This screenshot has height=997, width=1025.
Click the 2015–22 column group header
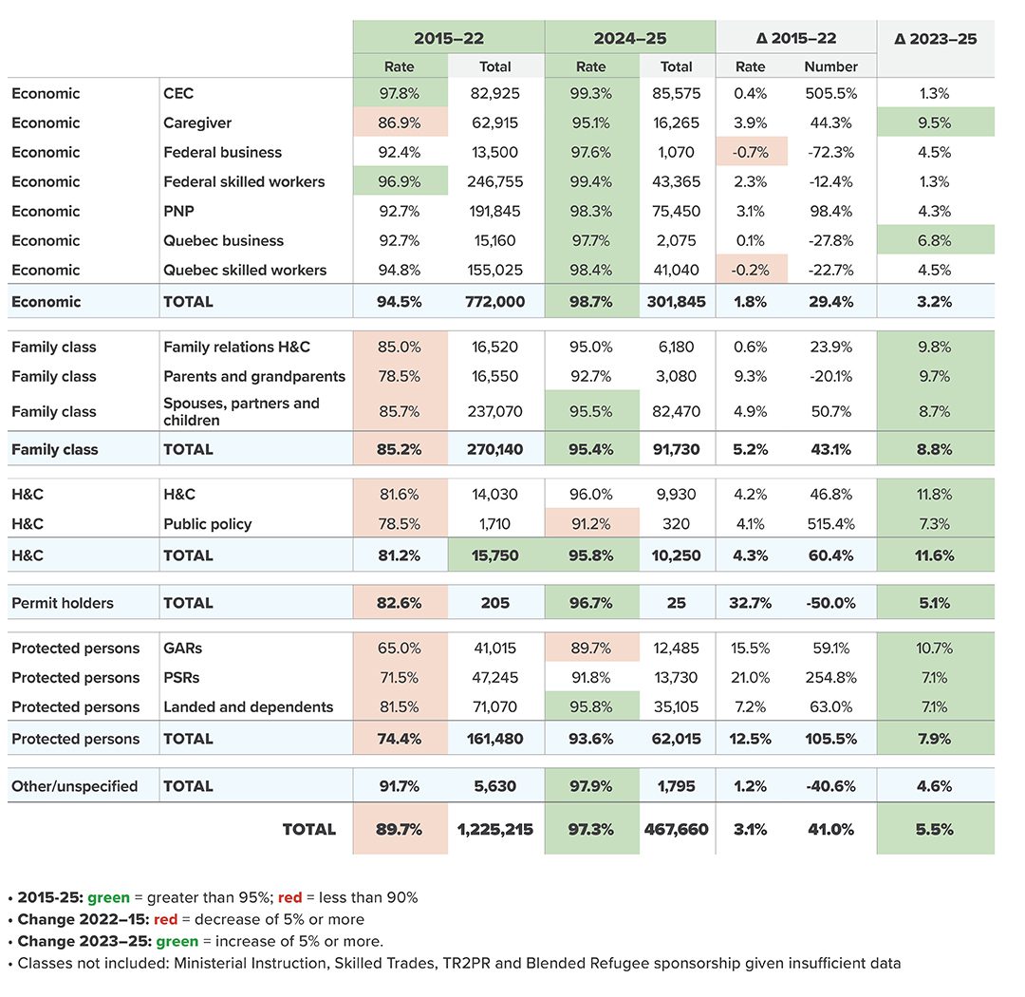448,38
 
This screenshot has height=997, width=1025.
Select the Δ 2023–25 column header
935,39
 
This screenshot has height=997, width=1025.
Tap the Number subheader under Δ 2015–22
830,66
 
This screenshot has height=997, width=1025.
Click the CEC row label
178,93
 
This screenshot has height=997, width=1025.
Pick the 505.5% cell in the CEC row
830,93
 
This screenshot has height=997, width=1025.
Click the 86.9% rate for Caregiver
399,122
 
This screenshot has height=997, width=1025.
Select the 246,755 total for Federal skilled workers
494,181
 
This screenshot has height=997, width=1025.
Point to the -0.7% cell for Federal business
751,152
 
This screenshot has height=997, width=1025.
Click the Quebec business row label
224,240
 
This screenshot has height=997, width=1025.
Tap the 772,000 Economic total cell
494,302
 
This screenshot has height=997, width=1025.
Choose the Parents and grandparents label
254,376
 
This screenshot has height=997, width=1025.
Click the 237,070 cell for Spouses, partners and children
494,411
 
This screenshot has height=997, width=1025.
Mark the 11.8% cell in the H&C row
934,494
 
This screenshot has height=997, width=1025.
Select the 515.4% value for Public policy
830,523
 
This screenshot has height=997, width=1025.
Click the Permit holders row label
62,603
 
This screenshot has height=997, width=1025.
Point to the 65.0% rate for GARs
399,648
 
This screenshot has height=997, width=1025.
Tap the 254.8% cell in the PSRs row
830,677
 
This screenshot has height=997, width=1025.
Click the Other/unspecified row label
75,785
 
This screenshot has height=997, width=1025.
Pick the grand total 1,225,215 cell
494,829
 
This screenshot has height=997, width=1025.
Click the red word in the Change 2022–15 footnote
165,919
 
